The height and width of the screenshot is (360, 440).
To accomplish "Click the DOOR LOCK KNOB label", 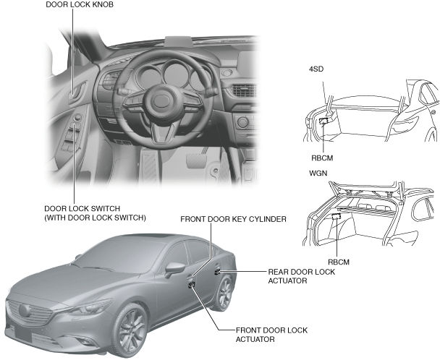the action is click(80, 5).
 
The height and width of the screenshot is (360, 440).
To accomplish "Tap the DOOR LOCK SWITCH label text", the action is click(82, 209).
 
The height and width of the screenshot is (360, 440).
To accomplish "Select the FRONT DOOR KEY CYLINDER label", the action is click(233, 219).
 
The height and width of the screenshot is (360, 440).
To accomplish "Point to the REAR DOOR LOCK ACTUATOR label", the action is click(302, 276).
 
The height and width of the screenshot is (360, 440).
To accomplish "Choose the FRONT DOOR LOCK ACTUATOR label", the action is click(271, 335).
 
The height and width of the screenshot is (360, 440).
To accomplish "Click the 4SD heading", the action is click(316, 69).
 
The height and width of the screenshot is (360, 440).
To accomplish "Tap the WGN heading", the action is click(318, 173).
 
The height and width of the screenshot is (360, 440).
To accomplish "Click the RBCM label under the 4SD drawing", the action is click(322, 158).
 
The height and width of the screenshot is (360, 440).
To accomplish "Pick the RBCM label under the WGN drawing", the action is click(339, 262).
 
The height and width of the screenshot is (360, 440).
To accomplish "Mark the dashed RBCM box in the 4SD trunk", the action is click(324, 121).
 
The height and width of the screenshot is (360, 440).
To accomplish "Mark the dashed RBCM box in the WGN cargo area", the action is click(337, 216).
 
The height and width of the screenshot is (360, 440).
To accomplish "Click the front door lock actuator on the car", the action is click(192, 285).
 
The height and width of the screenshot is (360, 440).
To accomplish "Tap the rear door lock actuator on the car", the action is click(217, 271).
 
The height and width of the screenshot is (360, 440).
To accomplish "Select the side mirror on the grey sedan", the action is click(174, 269).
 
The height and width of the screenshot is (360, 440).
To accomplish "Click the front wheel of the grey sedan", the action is click(132, 330).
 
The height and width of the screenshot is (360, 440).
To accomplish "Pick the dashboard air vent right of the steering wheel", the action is click(243, 91).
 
